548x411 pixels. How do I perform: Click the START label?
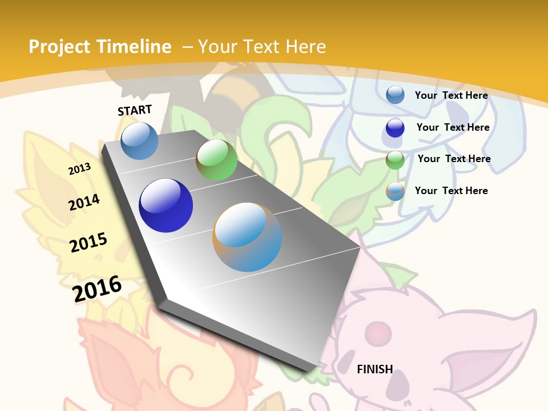pos(135,110)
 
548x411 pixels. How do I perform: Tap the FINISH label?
pos(375,369)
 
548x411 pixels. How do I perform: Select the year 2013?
pos(79,168)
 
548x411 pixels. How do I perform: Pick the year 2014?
pos(84,202)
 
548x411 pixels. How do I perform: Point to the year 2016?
pos(97,289)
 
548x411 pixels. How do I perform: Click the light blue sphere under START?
pos(139,140)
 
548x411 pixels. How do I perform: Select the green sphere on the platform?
pos(216,160)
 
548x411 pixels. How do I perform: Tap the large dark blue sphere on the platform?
pos(166,205)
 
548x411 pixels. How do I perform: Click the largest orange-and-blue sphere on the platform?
pos(247,236)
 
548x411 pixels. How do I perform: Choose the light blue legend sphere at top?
pos(395,95)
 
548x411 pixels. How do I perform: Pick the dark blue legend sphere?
pos(395,128)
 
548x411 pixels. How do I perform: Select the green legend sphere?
pos(395,160)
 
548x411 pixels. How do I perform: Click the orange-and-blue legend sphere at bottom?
pos(395,191)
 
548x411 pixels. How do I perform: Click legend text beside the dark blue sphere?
pos(453,127)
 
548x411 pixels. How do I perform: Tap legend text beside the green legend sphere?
pos(454,159)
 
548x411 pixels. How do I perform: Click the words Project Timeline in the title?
pos(100,47)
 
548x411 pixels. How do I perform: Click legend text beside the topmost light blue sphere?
pos(451,95)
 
